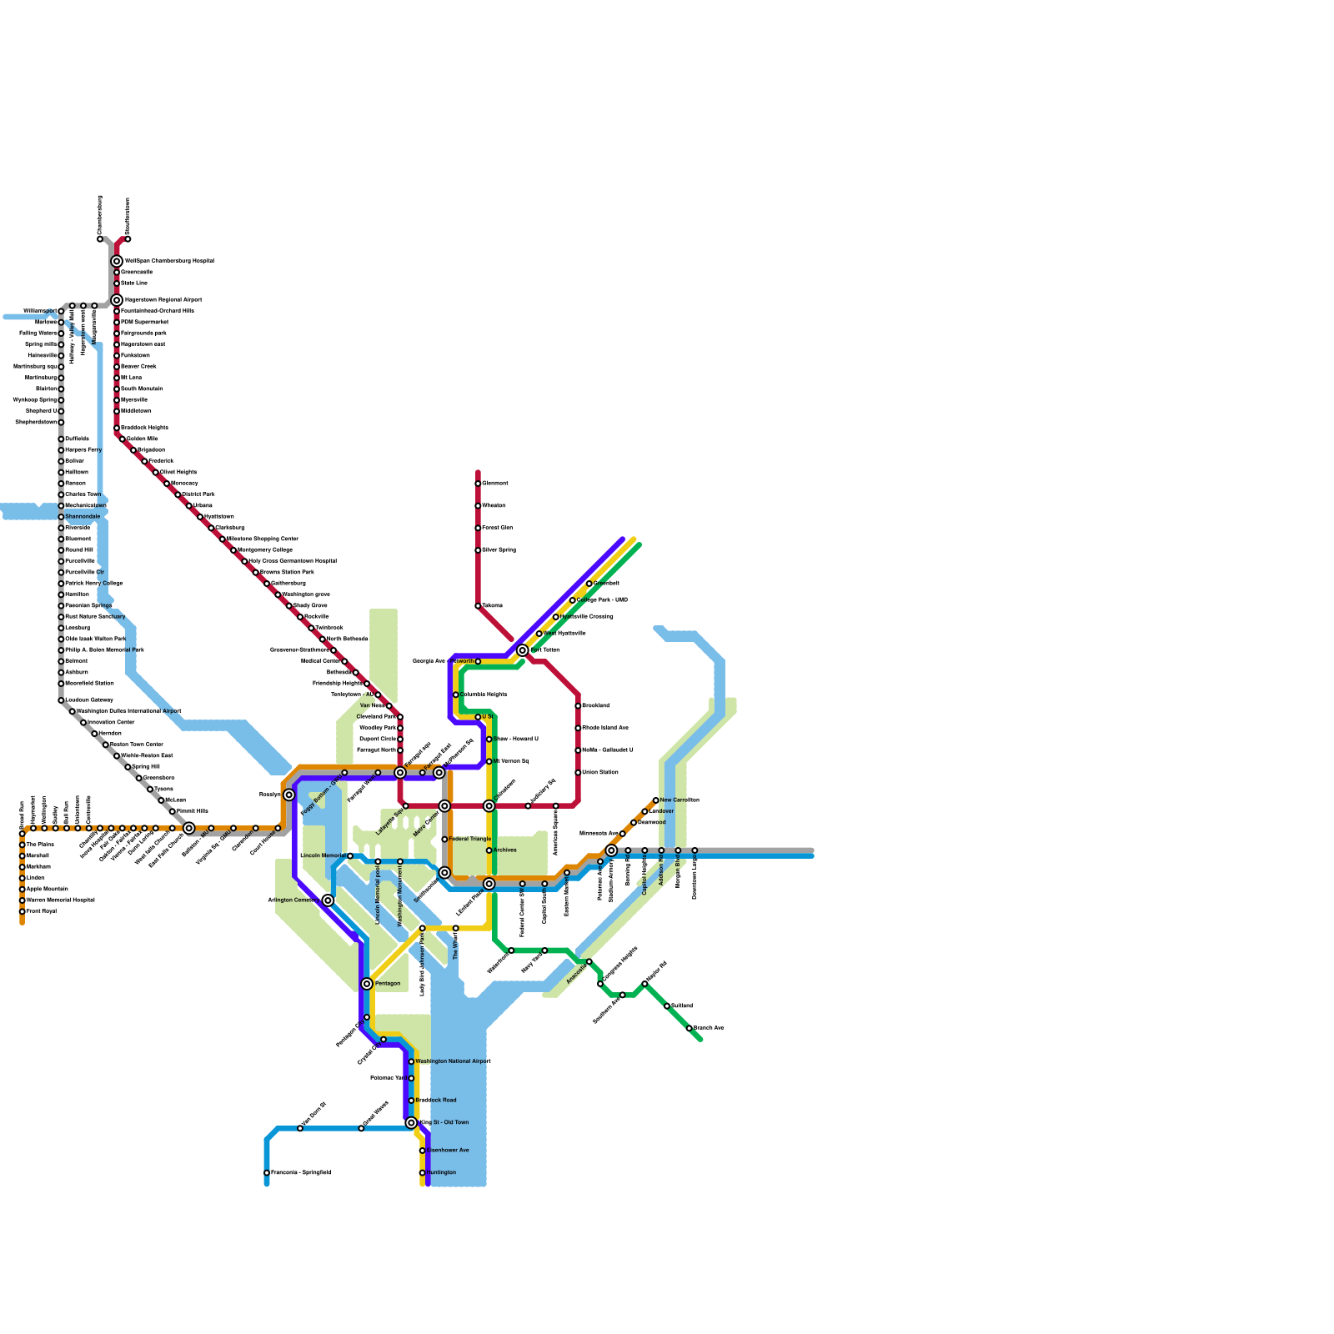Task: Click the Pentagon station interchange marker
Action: pyautogui.click(x=367, y=984)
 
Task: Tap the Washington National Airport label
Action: pyautogui.click(x=453, y=1061)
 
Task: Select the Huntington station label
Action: pyautogui.click(x=441, y=1172)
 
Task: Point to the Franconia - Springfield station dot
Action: pyautogui.click(x=267, y=1173)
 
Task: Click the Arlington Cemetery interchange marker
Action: pyautogui.click(x=328, y=900)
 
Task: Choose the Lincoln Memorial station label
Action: pyautogui.click(x=323, y=855)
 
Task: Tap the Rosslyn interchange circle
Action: pyautogui.click(x=288, y=795)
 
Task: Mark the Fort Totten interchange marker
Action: pyautogui.click(x=523, y=650)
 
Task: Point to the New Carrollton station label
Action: pyautogui.click(x=680, y=800)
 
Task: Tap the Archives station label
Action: pyautogui.click(x=505, y=850)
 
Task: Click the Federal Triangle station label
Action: pyautogui.click(x=470, y=839)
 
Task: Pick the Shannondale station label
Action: pyautogui.click(x=83, y=516)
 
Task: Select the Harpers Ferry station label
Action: pyautogui.click(x=83, y=449)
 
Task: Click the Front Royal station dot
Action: pyautogui.click(x=23, y=911)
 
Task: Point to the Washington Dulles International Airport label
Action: pyautogui.click(x=128, y=711)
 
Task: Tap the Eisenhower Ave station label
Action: pyautogui.click(x=448, y=1151)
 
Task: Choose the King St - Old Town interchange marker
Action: pyautogui.click(x=411, y=1123)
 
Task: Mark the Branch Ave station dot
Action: pyautogui.click(x=690, y=1028)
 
